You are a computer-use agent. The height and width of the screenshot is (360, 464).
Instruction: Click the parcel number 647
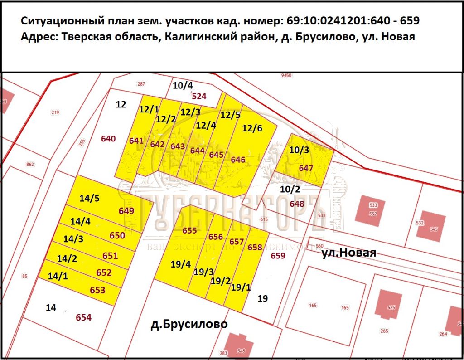coord(306,168)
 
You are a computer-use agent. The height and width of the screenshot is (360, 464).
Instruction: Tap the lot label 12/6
coord(252,128)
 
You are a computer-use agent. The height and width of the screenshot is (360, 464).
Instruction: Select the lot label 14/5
coord(89,198)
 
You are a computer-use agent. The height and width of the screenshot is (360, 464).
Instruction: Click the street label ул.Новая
coord(348,253)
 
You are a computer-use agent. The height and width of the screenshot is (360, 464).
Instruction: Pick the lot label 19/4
coord(181,265)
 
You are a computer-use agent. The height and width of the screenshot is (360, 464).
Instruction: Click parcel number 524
coord(199,96)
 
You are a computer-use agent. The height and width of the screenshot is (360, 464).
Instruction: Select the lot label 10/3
coord(299,150)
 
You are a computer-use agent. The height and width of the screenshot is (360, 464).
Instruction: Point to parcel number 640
coord(108,139)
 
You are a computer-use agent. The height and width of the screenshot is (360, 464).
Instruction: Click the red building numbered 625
coord(391,307)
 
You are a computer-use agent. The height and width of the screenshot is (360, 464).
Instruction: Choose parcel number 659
coord(278,256)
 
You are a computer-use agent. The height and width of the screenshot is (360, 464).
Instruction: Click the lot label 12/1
coord(149,109)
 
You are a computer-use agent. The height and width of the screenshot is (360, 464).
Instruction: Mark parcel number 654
coord(84,317)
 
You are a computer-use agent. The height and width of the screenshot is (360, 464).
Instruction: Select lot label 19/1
coord(240,287)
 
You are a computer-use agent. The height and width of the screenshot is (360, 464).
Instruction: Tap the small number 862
coord(30,164)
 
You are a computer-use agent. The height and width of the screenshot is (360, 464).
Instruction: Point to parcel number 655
coord(189,230)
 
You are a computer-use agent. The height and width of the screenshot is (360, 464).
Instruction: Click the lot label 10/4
coord(183,85)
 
